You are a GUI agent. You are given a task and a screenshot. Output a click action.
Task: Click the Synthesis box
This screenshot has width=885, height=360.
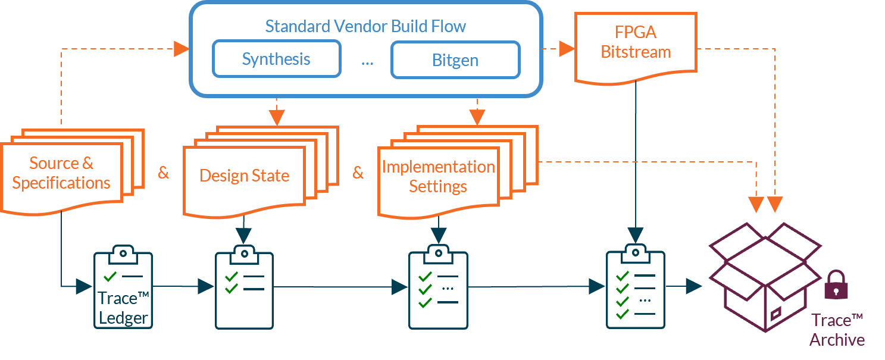pos(276,59)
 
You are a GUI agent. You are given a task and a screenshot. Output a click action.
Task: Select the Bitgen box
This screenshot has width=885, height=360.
pos(455,60)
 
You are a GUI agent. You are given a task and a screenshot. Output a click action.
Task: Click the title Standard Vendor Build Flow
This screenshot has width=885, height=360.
pos(365,27)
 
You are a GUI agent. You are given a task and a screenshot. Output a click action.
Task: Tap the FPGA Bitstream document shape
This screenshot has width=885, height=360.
pos(636,45)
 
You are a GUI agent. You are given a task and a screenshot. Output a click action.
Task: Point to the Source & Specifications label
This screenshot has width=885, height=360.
pos(61,173)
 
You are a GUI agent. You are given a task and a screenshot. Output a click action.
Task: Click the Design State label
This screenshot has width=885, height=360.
pos(244,176)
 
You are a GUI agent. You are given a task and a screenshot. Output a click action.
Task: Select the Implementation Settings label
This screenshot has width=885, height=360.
pos(438,177)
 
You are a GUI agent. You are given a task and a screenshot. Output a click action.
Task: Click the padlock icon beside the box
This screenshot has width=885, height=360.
pos(836,285)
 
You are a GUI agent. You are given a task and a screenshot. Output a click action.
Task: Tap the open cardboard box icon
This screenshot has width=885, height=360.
pos(765,277)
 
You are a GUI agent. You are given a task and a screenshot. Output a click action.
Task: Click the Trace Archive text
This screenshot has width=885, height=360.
pos(837,330)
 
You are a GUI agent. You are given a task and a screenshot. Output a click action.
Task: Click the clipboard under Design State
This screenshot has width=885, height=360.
pos(244,288)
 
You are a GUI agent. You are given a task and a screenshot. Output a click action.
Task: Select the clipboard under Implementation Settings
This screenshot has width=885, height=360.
pos(438,288)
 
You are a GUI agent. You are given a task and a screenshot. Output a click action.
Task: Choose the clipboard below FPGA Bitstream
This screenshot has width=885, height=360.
pos(636,288)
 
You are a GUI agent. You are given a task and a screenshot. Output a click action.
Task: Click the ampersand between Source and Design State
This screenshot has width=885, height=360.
pos(163,173)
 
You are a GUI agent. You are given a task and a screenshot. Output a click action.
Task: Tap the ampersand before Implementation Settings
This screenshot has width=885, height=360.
pos(358,173)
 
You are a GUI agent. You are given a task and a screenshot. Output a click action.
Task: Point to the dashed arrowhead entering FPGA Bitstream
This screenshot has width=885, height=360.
pos(566,49)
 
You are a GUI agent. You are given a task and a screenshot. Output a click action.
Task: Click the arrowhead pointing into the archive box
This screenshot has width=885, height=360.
pos(693,286)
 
